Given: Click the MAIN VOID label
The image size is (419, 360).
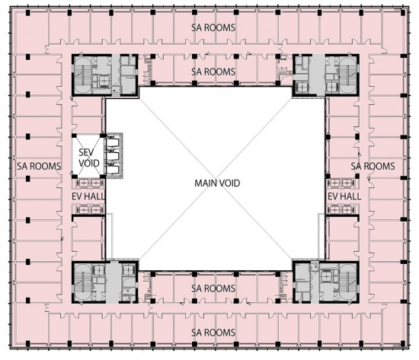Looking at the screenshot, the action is tap(217, 183).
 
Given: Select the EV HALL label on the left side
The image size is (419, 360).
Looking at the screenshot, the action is tap(88, 196).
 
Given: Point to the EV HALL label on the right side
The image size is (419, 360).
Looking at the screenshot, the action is tap(344, 196).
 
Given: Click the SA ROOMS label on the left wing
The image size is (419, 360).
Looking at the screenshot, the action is tap(39, 166).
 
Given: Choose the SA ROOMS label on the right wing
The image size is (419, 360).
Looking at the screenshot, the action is tap(373, 166).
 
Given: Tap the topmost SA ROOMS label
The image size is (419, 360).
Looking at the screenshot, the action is tap(213, 27).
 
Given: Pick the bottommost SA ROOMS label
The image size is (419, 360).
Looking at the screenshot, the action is tap(213, 333).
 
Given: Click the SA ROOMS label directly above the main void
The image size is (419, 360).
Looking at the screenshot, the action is tap(213, 72).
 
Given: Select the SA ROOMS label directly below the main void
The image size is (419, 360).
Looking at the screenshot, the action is tap(213, 288).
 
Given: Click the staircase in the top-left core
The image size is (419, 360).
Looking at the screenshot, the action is tap(83, 75).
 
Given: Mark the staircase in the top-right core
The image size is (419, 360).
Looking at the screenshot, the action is tap(348, 75).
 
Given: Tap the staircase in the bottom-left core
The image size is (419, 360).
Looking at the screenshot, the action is tap(83, 282).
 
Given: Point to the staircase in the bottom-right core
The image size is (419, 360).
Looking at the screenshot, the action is tap(348, 282).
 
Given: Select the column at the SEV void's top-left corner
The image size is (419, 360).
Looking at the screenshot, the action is tap(75, 135).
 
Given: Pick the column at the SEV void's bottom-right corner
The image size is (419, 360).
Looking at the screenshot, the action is tap(103, 177).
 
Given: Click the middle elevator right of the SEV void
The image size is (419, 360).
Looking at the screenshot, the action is tap(113, 156).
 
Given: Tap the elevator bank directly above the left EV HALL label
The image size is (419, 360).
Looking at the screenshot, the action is tap(88, 183).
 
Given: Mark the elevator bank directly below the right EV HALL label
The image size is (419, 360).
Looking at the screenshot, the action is tap(342, 209).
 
